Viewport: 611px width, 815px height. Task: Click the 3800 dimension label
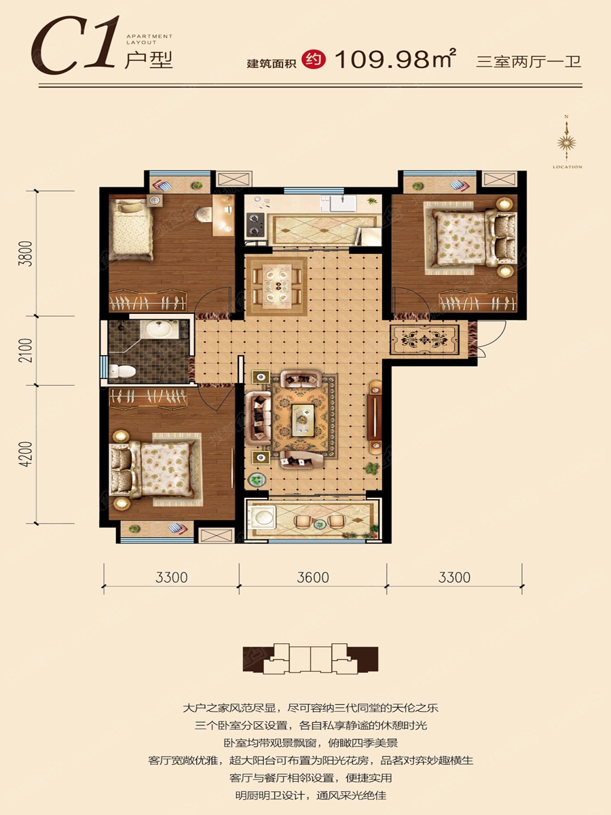27,253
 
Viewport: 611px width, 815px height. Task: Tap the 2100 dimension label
27,350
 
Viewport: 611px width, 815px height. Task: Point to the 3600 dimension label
313,577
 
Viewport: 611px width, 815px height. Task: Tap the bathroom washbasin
159,329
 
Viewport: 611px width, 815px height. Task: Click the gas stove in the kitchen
255,225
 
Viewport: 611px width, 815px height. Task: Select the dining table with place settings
277,285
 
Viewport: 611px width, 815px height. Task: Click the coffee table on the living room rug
303,420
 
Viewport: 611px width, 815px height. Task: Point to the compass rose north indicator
566,142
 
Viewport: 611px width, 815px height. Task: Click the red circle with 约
314,60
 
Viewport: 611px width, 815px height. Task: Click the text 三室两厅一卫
529,62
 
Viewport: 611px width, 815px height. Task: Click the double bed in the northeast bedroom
470,238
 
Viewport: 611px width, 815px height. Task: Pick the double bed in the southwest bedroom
155,469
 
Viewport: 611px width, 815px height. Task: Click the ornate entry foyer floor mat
424,340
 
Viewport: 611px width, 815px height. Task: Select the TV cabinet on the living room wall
375,417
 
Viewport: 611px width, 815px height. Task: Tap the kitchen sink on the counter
343,204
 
